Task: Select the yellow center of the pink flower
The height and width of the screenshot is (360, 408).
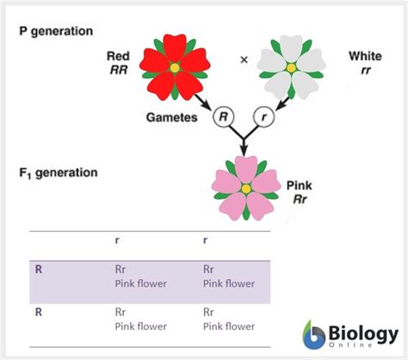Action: (246, 188)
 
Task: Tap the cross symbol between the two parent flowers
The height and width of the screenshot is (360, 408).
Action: (244, 59)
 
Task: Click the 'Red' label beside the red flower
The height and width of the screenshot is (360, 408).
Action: (118, 56)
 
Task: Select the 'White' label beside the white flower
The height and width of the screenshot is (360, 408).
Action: (365, 56)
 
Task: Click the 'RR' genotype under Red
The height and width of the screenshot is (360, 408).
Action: (118, 71)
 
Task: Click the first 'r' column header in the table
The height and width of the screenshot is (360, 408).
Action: (117, 242)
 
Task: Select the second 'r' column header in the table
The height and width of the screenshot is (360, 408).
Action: (205, 242)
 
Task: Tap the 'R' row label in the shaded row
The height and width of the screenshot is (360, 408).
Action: (39, 269)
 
